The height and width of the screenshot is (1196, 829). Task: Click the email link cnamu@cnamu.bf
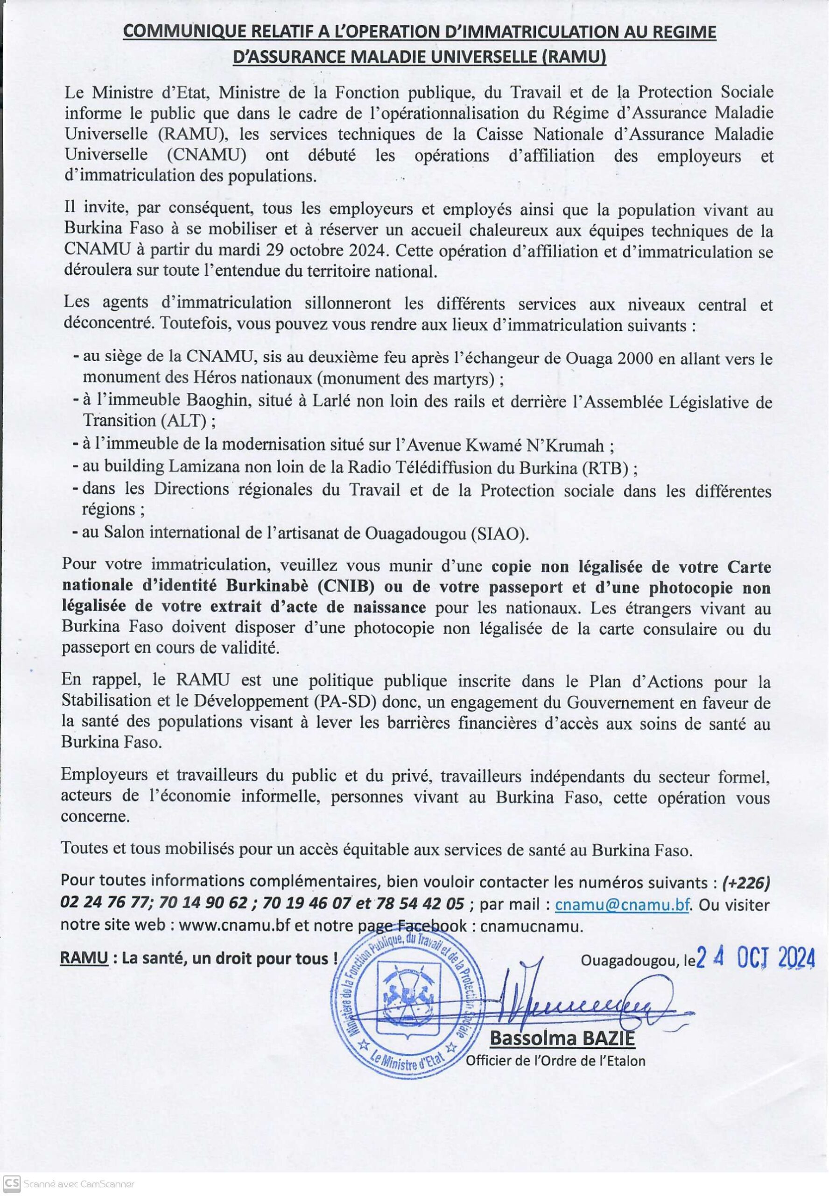click(622, 905)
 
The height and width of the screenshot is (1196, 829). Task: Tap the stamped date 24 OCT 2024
click(755, 958)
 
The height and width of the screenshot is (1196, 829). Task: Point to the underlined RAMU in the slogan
click(84, 958)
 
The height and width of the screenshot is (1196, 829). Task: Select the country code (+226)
click(746, 883)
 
